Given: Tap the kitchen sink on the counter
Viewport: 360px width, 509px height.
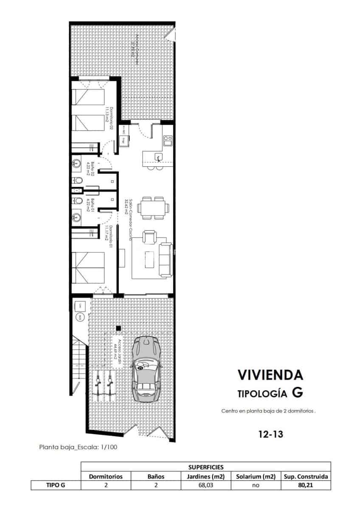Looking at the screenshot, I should (x=158, y=158).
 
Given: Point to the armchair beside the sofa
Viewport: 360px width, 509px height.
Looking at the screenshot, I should (x=149, y=237).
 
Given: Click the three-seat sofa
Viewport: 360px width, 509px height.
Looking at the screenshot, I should (x=165, y=260).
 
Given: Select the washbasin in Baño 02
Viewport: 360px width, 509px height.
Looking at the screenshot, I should (x=77, y=163).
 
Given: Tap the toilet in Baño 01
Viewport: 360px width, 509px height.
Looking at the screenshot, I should (x=78, y=200).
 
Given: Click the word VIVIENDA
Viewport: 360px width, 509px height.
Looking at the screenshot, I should (x=270, y=375).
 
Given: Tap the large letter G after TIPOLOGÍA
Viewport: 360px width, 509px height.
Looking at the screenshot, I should (x=298, y=393).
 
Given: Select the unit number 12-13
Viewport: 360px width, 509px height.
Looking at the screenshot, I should (x=270, y=434).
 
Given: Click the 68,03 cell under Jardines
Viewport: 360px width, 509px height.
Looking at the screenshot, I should (x=205, y=485).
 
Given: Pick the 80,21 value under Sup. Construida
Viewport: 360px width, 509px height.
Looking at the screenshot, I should (x=305, y=485).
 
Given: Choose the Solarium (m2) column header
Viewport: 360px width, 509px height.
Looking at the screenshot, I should (x=256, y=476).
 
